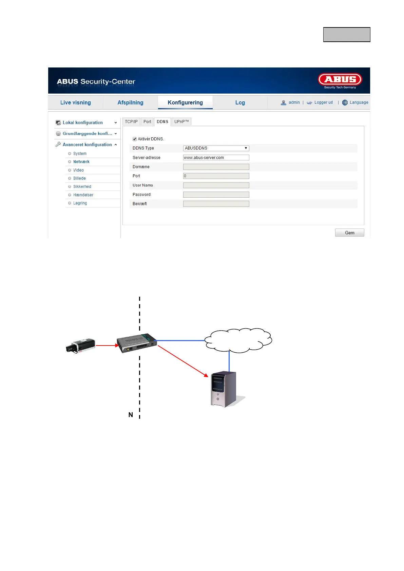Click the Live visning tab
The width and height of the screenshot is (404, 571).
coord(75,102)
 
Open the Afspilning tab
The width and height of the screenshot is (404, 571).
coord(130,102)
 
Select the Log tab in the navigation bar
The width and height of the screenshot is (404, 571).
coord(240,102)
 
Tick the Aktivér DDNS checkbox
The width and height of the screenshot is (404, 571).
coord(135,139)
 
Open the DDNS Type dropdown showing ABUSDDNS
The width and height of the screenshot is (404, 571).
coord(216,148)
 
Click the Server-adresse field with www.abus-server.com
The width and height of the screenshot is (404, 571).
coord(216,158)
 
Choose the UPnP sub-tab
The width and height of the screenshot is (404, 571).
coord(181,122)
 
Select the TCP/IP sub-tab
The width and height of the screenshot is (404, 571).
coord(131,122)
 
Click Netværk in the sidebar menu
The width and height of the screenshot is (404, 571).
coord(81,162)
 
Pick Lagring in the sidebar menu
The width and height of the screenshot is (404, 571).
coord(80,203)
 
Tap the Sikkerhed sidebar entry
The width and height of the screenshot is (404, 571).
coord(82,186)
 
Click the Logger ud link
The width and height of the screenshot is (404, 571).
coord(323,102)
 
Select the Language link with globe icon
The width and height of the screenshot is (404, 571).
coord(359,102)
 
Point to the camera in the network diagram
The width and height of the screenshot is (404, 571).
coord(80,346)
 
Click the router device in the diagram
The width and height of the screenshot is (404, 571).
coord(137,342)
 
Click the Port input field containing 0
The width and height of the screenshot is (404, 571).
coord(216,176)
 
